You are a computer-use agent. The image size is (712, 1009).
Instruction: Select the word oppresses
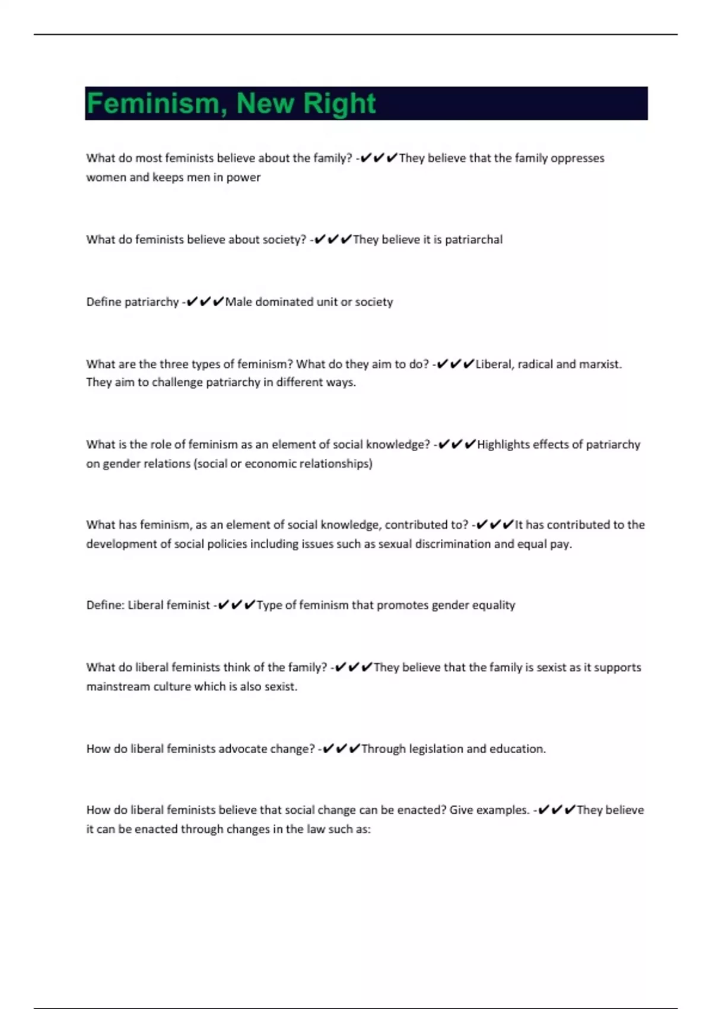(x=577, y=158)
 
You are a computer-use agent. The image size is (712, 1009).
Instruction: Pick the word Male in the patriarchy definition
(x=239, y=302)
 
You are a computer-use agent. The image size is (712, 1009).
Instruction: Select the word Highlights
(x=503, y=445)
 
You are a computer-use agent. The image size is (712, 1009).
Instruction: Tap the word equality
(x=493, y=605)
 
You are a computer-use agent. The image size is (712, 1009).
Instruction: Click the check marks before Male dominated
(x=205, y=302)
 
